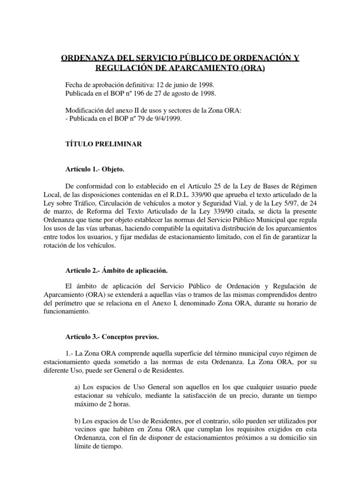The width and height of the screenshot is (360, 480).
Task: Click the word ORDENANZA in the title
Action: pos(85,59)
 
